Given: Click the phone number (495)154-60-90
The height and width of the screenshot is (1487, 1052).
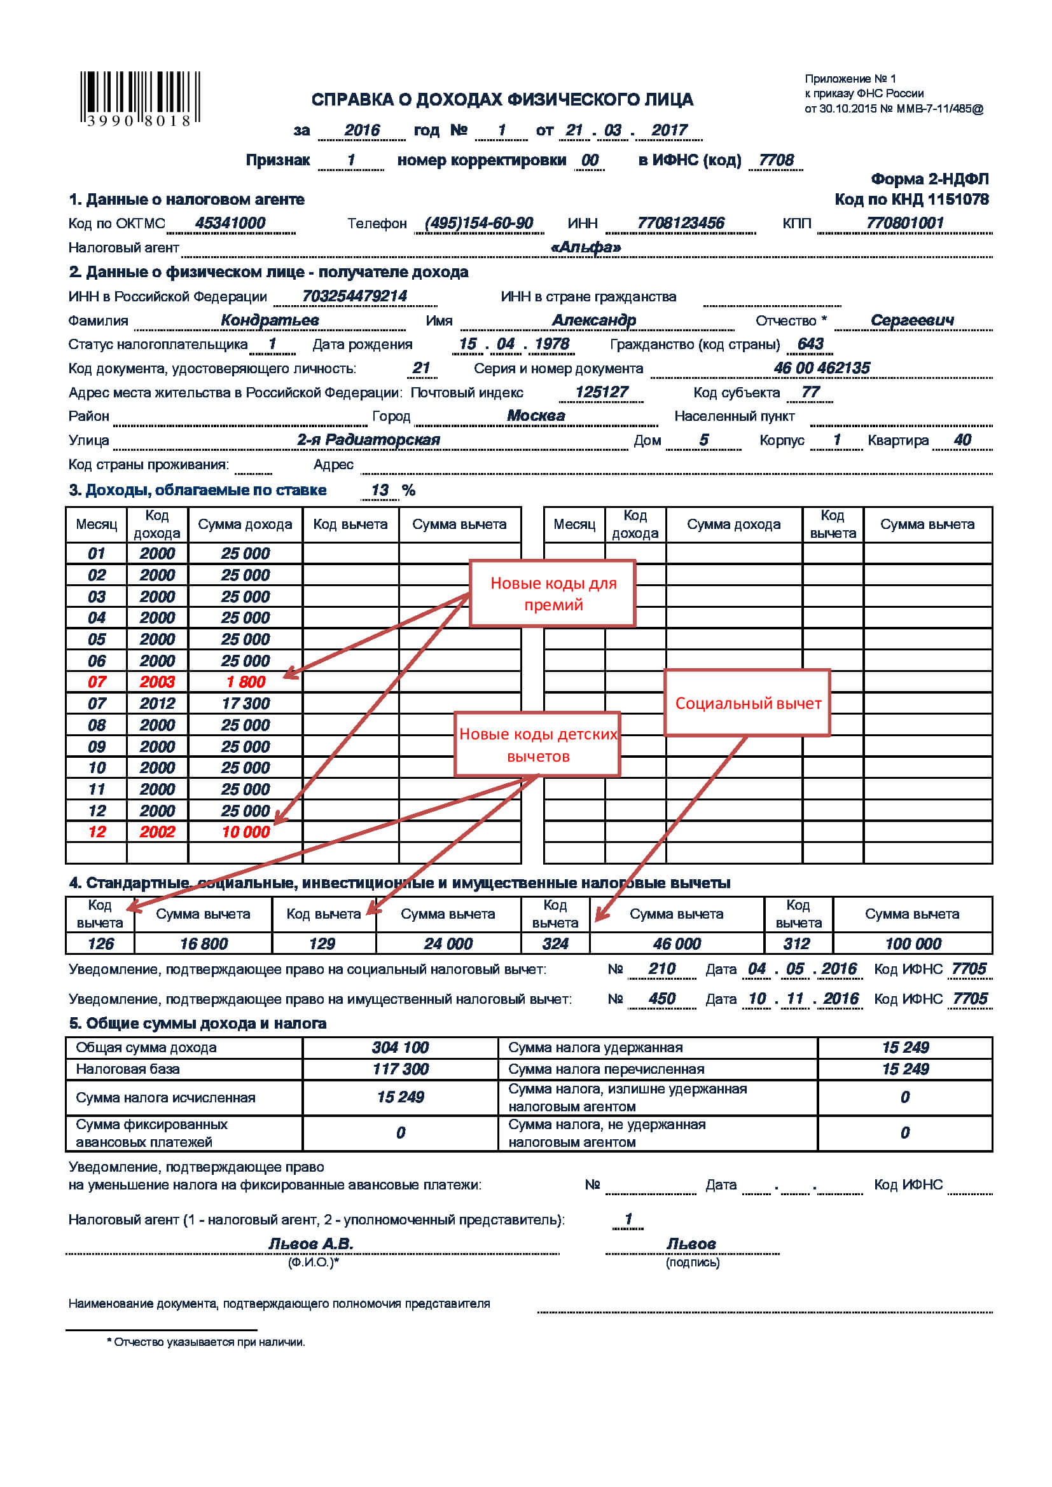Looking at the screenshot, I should point(479,223).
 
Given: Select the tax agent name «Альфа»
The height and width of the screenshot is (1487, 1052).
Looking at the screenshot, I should point(586,247).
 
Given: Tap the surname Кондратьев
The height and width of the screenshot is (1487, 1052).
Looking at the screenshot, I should point(270,320).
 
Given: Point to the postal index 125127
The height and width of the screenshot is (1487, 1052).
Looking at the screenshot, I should point(602,392).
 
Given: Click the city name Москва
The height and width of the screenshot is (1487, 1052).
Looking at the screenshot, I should point(536,416).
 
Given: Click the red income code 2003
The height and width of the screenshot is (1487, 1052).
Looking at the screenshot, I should point(156,682).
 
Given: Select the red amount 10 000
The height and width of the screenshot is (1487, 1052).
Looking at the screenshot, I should point(246,832).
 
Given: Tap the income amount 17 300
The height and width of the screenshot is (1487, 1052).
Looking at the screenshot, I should point(246,703).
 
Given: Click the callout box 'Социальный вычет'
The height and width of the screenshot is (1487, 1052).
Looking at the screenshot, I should point(747,703).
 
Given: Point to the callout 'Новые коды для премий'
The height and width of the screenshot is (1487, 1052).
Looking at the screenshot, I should point(553,593).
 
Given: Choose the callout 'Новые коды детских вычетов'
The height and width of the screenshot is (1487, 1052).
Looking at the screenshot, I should point(537,745).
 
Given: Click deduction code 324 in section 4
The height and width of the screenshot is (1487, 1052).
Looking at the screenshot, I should point(555,943).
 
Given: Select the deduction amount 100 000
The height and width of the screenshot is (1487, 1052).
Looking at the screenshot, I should point(913,943).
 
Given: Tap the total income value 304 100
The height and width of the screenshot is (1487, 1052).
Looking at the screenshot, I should point(400,1048).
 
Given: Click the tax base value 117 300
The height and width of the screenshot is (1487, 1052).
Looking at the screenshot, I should point(400,1069).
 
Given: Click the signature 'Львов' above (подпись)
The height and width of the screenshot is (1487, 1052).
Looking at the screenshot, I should point(691,1244).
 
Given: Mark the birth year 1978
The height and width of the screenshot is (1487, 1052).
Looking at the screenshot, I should point(552,344).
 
